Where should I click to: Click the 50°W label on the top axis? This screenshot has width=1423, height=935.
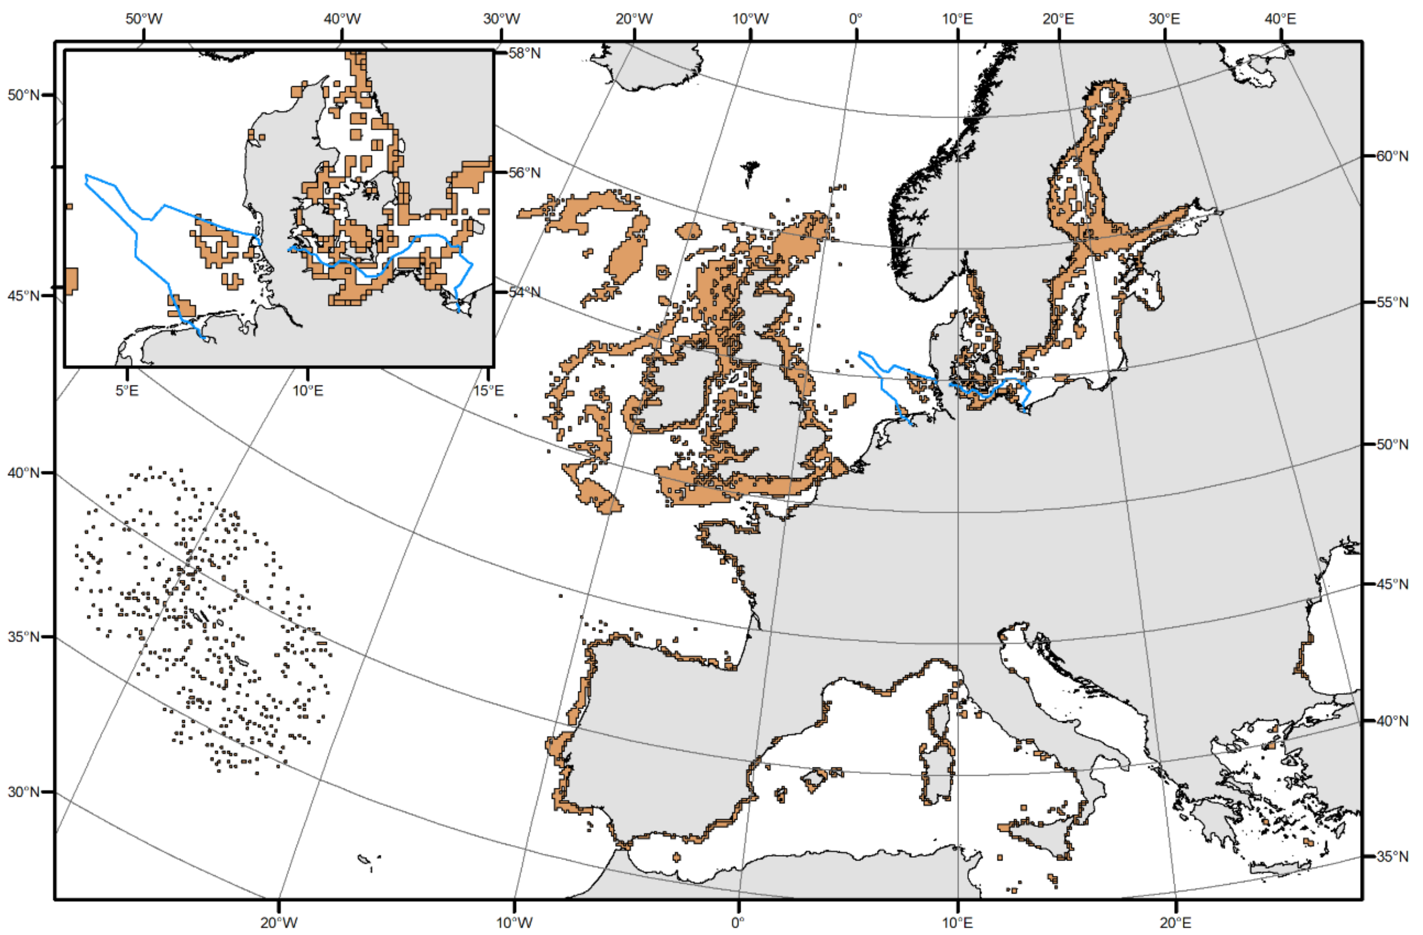click(x=144, y=19)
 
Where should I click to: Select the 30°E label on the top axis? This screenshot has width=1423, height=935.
click(x=1164, y=19)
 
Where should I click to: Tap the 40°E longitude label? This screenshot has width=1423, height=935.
click(x=1280, y=19)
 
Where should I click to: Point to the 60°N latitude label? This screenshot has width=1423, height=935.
click(x=1392, y=156)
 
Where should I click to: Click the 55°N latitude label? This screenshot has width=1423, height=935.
click(x=1392, y=302)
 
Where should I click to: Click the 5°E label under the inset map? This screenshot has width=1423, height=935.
click(x=127, y=390)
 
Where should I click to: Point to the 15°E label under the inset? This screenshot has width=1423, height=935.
click(x=488, y=390)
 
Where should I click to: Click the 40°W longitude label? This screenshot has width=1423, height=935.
click(x=342, y=19)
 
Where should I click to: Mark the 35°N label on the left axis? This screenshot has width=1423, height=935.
click(x=23, y=636)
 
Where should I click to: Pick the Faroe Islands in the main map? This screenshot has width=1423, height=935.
click(x=749, y=170)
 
